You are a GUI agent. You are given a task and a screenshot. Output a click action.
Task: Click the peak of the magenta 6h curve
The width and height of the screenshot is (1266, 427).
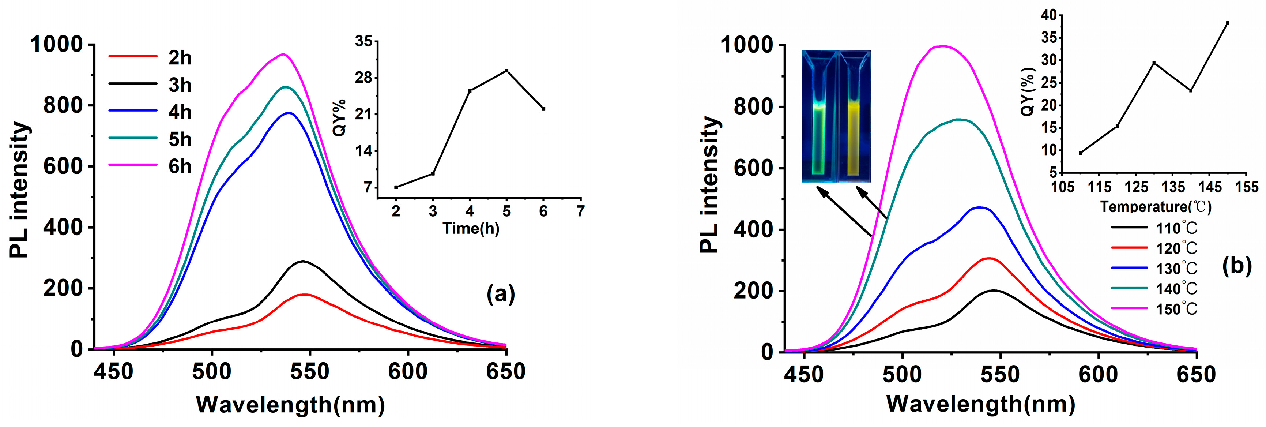click(x=283, y=54)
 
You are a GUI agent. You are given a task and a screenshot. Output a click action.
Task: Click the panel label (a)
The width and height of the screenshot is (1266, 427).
click(x=500, y=294)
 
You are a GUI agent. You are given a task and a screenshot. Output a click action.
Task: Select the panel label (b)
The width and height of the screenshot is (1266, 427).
click(x=1236, y=266)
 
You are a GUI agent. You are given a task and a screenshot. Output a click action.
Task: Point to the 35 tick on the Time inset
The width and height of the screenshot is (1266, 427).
click(x=364, y=41)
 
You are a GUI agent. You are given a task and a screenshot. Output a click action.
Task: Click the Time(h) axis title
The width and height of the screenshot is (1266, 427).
click(x=471, y=228)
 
